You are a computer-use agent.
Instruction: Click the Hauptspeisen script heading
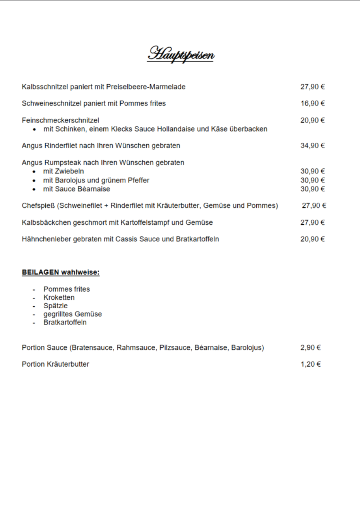(180, 55)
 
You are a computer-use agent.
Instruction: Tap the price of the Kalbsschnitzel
(312, 87)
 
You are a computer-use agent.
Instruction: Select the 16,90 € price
(312, 103)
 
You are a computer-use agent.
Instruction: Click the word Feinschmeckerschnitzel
(60, 120)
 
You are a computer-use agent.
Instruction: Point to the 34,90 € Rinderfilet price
(312, 145)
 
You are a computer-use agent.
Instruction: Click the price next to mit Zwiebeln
(312, 171)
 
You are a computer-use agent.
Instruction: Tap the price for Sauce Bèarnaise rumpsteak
(312, 189)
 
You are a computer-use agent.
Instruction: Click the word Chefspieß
(38, 205)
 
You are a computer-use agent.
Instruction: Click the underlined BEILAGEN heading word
(40, 272)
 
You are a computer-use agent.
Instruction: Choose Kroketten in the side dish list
(59, 297)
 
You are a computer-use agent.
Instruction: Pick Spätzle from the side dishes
(55, 306)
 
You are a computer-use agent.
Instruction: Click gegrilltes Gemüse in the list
(72, 314)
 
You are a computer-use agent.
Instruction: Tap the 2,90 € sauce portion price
(310, 347)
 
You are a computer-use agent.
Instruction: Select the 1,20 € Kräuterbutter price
(310, 364)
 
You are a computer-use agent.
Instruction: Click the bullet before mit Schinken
(34, 129)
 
